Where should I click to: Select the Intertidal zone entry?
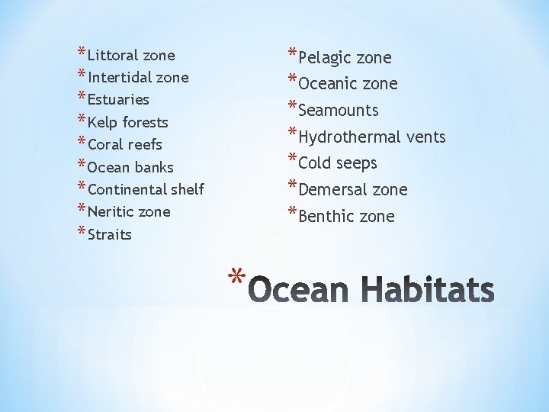[138, 78]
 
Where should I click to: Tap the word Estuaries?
[118, 100]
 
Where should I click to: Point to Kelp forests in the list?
[128, 122]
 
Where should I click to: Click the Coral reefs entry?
[125, 144]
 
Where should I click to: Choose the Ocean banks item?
[130, 167]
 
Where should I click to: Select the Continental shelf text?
[146, 189]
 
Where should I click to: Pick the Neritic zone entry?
[129, 211]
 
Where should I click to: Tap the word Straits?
[110, 234]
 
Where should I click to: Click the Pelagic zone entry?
[345, 58]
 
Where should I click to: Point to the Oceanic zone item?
[348, 84]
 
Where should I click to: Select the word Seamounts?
[339, 111]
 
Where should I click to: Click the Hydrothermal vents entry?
[372, 137]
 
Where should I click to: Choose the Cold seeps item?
[338, 163]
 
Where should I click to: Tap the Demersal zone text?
[353, 190]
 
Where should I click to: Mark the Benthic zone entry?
[347, 217]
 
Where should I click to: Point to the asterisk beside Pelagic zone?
[293, 53]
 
